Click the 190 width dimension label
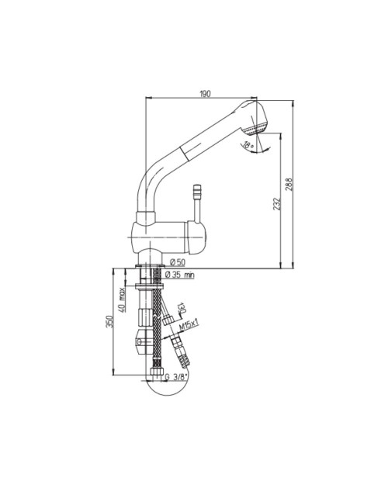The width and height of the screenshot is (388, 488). (x=205, y=94)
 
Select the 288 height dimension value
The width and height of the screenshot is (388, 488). (x=289, y=184)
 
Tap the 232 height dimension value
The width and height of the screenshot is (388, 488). (x=277, y=204)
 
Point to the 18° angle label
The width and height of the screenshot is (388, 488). (x=248, y=145)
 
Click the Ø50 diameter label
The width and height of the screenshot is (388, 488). (x=178, y=262)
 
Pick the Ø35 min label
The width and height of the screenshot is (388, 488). (x=179, y=275)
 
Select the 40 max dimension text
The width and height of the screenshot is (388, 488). (x=122, y=299)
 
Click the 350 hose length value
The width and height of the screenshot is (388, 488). (x=109, y=321)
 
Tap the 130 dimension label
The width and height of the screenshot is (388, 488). (x=182, y=308)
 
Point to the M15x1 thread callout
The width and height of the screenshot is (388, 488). (x=189, y=326)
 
